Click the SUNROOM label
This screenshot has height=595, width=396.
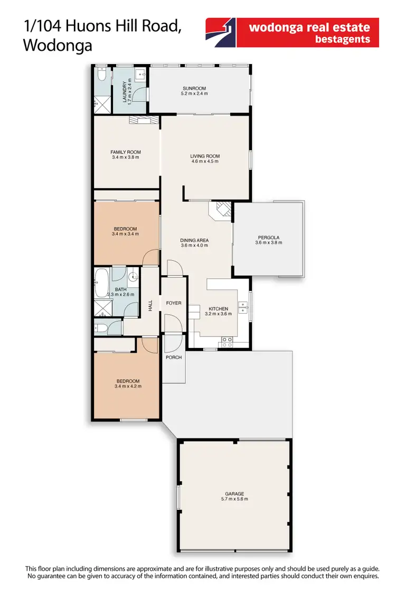click(194, 88)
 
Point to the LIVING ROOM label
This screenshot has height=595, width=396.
click(205, 156)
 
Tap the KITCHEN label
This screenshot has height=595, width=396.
click(218, 308)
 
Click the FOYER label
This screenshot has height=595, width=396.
click(174, 303)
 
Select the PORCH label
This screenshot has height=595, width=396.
click(174, 358)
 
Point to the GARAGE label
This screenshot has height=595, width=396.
click(234, 493)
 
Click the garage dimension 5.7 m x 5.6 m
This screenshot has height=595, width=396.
click(234, 499)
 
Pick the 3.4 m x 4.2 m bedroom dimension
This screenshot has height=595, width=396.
click(128, 386)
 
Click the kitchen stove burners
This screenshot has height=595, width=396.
click(228, 342)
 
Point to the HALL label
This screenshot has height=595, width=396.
click(150, 305)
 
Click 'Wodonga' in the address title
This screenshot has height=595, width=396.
click(58, 45)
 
